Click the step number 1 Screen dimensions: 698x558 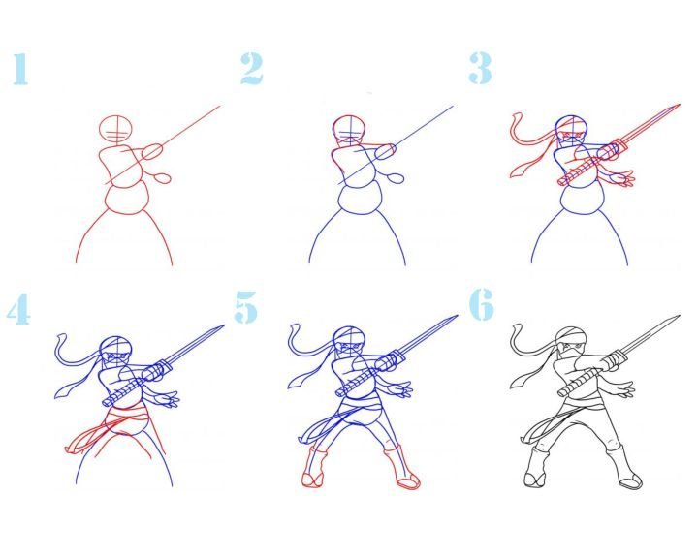click(20, 69)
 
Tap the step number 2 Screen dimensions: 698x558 click(251, 69)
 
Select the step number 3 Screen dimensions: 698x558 click(480, 68)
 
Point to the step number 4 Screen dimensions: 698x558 click(18, 309)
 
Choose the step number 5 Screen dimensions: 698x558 click(245, 306)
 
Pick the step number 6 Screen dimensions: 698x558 click(481, 304)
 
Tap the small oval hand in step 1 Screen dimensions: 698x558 click(163, 178)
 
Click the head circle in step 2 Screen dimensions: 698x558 click(350, 129)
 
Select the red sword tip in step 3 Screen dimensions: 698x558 click(679, 106)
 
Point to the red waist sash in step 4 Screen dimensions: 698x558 click(127, 417)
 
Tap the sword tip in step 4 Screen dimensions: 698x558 click(223, 326)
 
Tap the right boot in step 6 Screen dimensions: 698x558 click(624, 467)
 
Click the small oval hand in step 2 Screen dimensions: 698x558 click(396, 178)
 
